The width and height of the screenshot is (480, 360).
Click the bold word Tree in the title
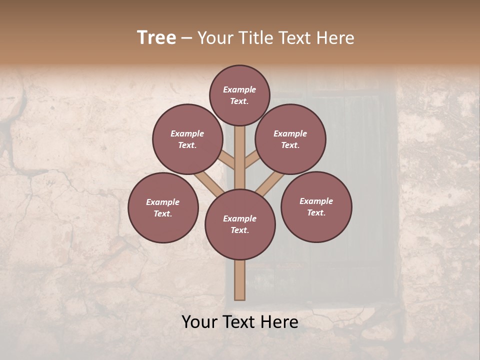tap(156, 38)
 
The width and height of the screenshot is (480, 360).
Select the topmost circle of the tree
tap(239, 95)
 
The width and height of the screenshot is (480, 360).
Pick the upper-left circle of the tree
tap(187, 139)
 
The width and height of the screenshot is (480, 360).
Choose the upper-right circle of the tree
tap(290, 139)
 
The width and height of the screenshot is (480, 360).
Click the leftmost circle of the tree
tap(163, 207)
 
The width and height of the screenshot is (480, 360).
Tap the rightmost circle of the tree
tap(316, 206)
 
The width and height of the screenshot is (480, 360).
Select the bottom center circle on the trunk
tap(240, 224)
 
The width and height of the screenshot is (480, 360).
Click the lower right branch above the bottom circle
tap(265, 185)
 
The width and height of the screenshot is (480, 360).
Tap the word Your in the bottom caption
tap(199, 322)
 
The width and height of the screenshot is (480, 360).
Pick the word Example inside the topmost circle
tap(239, 90)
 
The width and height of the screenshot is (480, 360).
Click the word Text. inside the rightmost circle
tap(316, 212)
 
